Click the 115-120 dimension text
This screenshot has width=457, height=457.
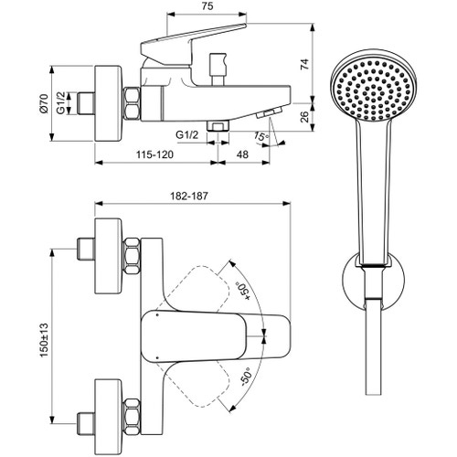click(x=152, y=155)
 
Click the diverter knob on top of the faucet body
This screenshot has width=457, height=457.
click(x=220, y=67)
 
